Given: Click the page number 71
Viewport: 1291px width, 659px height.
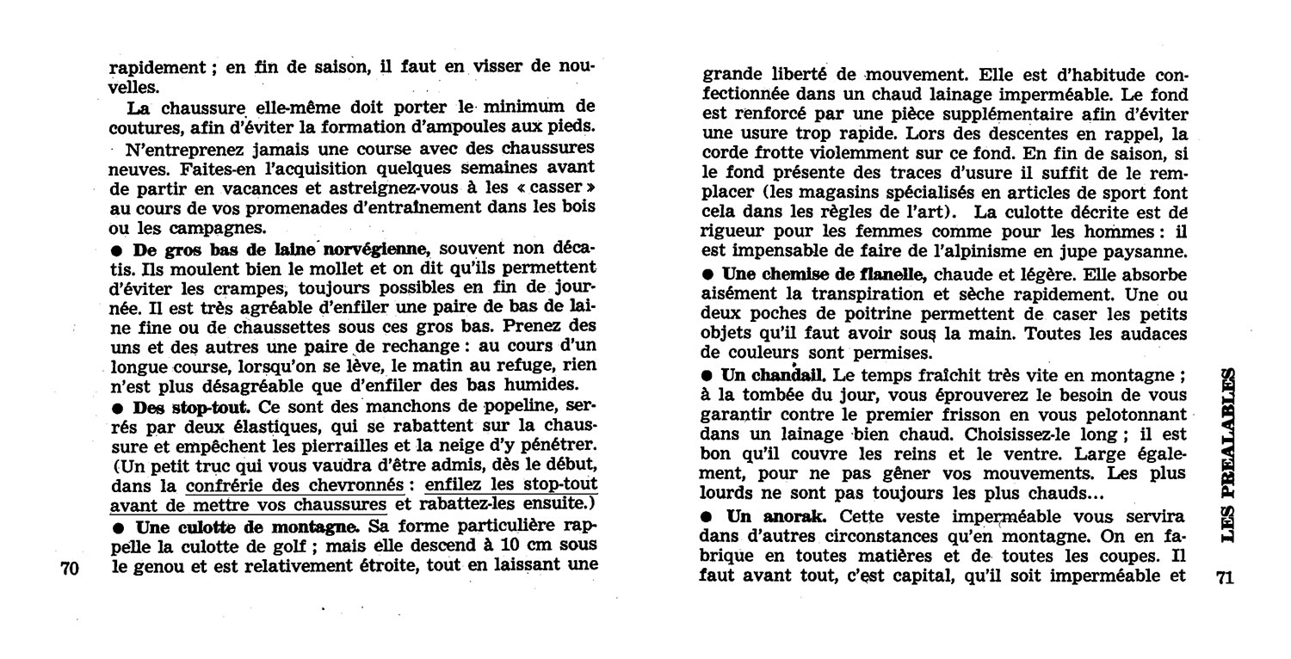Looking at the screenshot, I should [x=1225, y=578].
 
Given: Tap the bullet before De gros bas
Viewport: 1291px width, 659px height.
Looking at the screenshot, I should [x=119, y=249].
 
